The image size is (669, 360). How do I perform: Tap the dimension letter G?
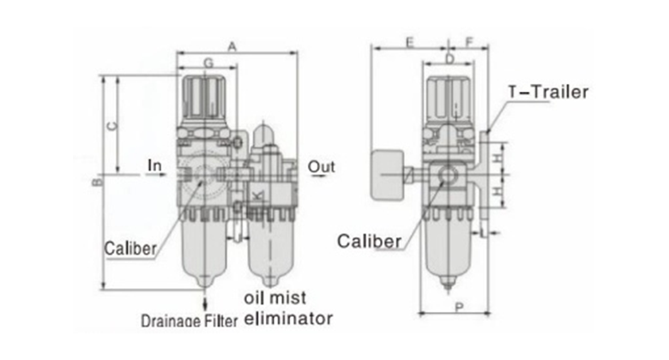(x=208, y=63)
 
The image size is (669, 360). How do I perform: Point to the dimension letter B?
(x=97, y=182)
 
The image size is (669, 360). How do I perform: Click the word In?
(x=154, y=163)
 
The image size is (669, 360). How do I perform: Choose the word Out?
(x=322, y=165)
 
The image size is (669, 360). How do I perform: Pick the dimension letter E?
(x=409, y=40)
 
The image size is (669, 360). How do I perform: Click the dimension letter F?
(x=470, y=40)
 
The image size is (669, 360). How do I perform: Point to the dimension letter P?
(x=461, y=307)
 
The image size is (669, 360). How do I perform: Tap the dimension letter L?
(x=484, y=232)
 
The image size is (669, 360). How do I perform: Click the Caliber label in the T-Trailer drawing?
(x=370, y=239)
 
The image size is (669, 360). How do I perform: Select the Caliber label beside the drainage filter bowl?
(x=130, y=249)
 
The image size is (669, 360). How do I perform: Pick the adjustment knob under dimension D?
(x=448, y=93)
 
